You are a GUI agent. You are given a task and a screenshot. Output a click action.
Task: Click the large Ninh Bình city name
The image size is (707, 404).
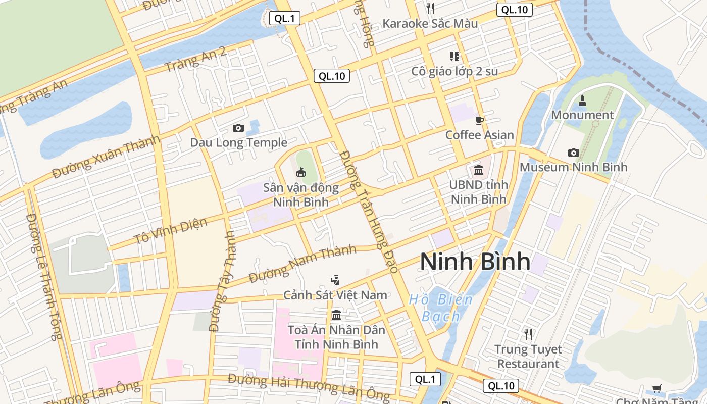click(x=475, y=262)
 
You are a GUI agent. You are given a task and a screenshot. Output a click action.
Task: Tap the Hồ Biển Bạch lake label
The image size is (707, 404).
click(x=441, y=308)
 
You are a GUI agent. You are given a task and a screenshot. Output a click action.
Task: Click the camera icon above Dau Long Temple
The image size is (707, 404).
click(x=238, y=128)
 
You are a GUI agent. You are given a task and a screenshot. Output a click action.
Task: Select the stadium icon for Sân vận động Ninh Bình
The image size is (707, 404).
click(x=301, y=173)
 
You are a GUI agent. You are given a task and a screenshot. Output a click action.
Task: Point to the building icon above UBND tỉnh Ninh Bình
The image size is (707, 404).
click(x=478, y=170)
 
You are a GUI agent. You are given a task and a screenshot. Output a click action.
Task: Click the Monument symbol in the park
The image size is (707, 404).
click(x=582, y=100)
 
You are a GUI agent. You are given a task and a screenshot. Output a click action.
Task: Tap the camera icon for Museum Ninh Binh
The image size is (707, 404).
click(x=573, y=153)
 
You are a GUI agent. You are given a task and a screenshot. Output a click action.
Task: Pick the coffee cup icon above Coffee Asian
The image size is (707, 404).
click(x=480, y=120)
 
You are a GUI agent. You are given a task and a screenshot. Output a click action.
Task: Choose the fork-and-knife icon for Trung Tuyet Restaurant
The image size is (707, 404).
click(x=528, y=334)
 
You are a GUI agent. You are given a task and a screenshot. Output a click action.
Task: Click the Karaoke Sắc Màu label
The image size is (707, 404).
click(x=430, y=23)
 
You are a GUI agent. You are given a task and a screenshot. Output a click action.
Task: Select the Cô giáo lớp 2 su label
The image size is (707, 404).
click(x=454, y=71)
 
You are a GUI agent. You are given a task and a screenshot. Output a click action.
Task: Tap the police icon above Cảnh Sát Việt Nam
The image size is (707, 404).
click(x=335, y=280)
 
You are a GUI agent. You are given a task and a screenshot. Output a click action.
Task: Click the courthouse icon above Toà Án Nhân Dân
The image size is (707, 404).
click(x=336, y=316)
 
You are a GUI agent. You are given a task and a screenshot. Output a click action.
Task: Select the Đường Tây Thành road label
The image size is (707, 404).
click(x=223, y=281)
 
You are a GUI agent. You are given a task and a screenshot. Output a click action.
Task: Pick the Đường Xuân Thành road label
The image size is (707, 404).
click(x=107, y=157)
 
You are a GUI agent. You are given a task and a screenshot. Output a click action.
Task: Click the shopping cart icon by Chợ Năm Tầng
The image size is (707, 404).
click(x=656, y=388)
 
